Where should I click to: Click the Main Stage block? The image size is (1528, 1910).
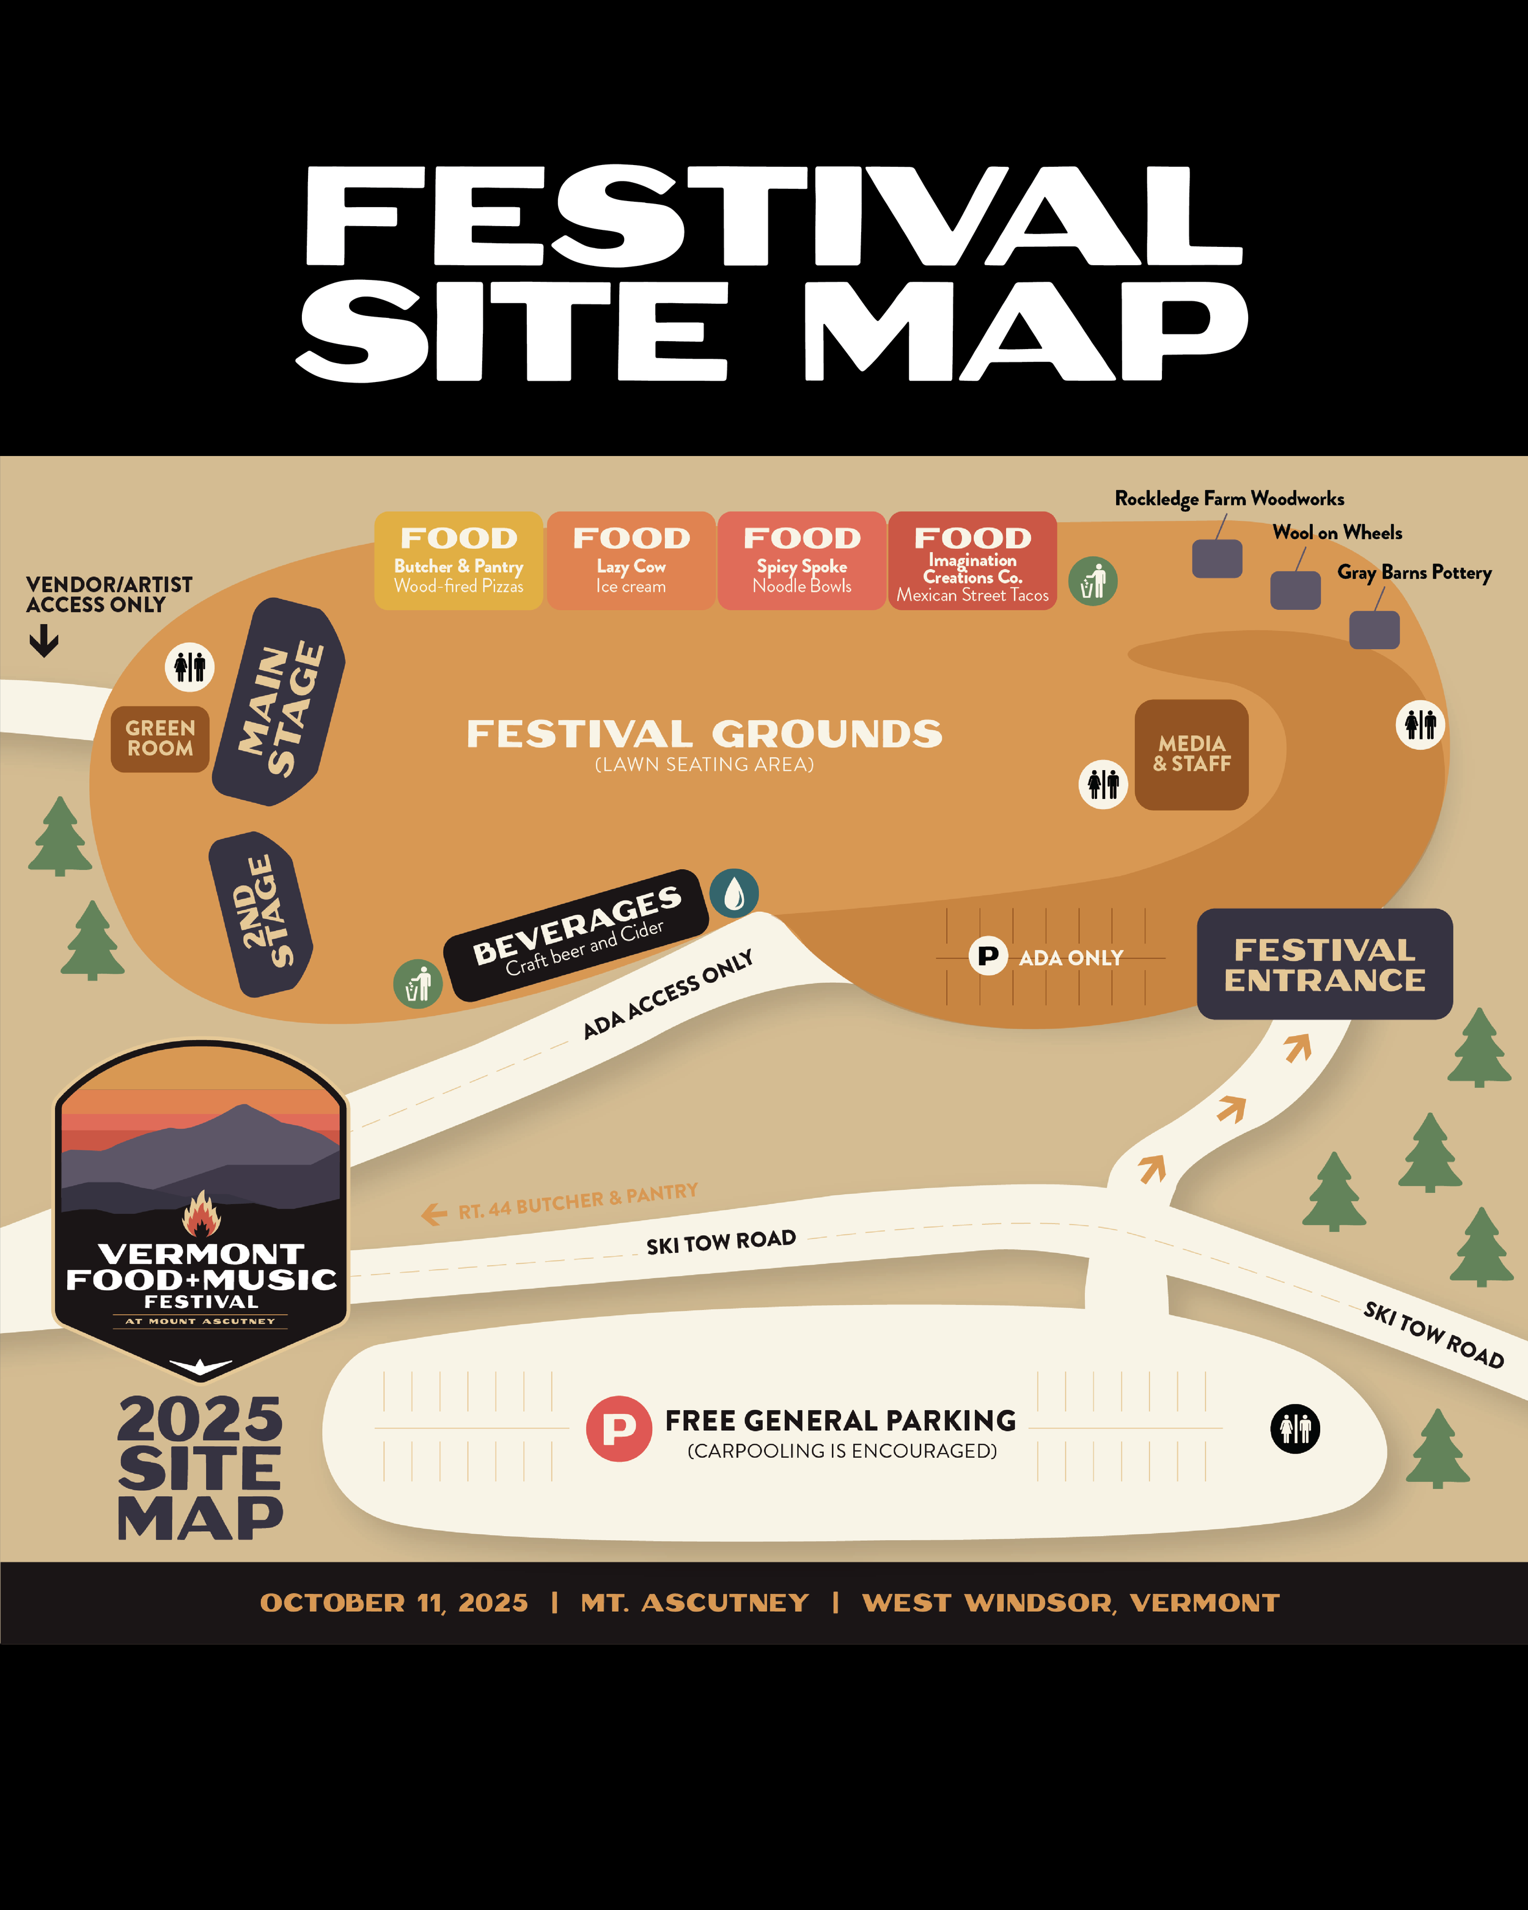click(279, 702)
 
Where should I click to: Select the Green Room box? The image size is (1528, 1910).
click(160, 739)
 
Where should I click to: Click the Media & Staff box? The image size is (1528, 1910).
click(1191, 754)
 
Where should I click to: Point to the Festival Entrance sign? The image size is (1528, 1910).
click(1324, 964)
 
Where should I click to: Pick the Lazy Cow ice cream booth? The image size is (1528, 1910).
click(631, 560)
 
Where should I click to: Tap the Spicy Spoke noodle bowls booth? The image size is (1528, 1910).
click(802, 560)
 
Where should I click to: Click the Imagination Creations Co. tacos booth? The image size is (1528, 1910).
click(972, 560)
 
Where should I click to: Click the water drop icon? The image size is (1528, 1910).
click(734, 893)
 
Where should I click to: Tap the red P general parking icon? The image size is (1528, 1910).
click(619, 1428)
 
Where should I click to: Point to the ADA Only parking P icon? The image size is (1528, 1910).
click(988, 956)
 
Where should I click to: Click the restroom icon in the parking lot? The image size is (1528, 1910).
click(1295, 1428)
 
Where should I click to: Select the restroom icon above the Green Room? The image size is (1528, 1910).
click(189, 666)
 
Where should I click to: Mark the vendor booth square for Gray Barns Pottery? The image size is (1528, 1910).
click(1374, 630)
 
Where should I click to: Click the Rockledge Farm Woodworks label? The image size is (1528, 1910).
click(1229, 499)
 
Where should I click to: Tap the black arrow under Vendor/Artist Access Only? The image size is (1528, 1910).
click(44, 641)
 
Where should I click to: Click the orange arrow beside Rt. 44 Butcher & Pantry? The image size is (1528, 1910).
click(434, 1214)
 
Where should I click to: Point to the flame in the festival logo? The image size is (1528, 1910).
click(201, 1214)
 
